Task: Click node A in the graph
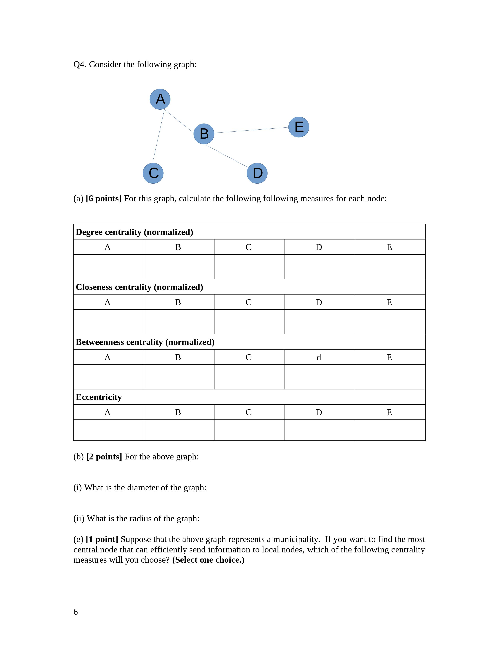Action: [160, 99]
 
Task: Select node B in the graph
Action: [204, 134]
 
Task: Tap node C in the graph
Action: [153, 173]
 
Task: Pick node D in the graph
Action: [257, 173]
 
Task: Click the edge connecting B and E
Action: [251, 130]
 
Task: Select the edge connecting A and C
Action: [159, 136]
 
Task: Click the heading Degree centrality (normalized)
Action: [134, 232]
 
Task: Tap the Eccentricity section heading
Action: [99, 397]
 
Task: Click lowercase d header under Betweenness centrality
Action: [319, 357]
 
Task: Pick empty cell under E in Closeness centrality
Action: [390, 322]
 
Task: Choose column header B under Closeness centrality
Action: [178, 302]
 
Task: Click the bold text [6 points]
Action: [104, 198]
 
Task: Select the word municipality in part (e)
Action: [296, 539]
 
